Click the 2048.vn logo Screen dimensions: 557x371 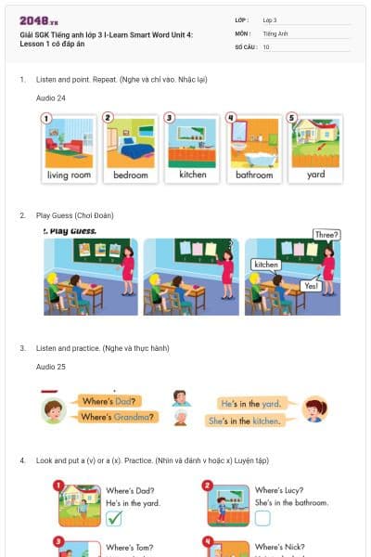pos(39,20)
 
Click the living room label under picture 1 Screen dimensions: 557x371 pos(70,175)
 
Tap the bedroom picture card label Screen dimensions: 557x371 pos(131,175)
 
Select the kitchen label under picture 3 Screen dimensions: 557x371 pos(193,175)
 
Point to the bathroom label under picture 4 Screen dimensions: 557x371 pos(254,175)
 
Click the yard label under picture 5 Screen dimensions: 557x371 pos(316,175)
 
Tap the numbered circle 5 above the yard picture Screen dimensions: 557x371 pos(292,118)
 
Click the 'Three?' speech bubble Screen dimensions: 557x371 pos(326,235)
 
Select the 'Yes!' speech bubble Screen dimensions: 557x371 pos(312,286)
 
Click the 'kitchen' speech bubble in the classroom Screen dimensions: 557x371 pos(266,265)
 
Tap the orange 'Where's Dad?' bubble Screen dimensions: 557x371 pos(110,402)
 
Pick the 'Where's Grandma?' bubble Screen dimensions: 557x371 pos(115,417)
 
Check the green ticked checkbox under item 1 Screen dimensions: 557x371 pos(113,518)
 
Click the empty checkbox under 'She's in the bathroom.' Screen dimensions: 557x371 pos(262,518)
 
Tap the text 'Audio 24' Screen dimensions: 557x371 pos(51,97)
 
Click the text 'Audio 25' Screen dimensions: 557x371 pos(51,367)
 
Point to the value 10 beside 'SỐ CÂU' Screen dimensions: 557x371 pos(266,46)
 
